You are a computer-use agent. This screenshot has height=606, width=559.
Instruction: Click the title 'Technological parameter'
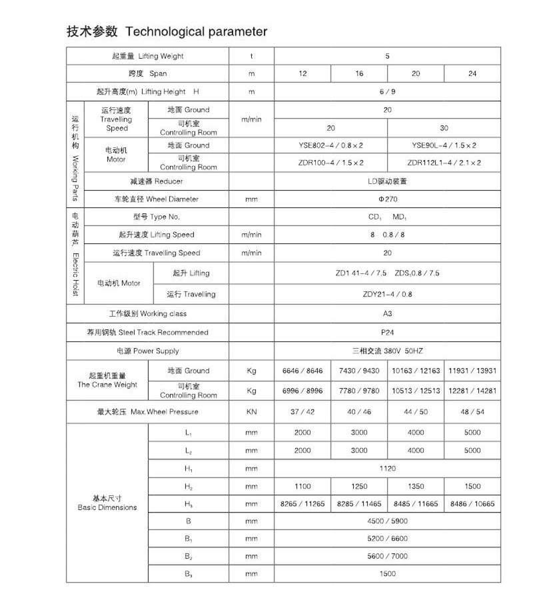coord(196,31)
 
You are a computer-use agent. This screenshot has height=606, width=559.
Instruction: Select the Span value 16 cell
coord(359,74)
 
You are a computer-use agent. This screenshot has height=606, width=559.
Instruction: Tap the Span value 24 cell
coord(472,74)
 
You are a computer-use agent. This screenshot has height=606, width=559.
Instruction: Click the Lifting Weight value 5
coord(387,56)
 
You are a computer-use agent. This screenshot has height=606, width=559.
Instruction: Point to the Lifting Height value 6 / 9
coord(387,92)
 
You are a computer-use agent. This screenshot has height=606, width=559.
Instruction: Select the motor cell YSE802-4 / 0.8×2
coord(330,145)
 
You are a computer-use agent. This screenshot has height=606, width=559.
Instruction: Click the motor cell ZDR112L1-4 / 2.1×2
coord(444,163)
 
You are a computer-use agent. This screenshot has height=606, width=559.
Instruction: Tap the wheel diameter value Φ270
coord(387,199)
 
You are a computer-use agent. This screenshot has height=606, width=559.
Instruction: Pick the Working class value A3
coord(387,314)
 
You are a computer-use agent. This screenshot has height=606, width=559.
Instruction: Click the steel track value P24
coord(387,333)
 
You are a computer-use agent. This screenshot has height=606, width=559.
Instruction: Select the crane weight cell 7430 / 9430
coord(359,371)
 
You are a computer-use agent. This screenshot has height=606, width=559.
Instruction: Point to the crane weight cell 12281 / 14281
coord(472,391)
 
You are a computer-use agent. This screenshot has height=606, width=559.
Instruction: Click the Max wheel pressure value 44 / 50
coord(415,412)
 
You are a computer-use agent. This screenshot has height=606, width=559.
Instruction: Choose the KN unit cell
coord(251,412)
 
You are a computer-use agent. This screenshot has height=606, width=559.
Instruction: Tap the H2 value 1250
coord(359,487)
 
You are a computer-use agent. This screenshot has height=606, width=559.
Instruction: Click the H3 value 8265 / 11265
coord(302,504)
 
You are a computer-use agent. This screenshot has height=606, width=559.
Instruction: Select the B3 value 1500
coord(387,573)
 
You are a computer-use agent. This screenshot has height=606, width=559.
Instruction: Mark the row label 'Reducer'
coord(157,181)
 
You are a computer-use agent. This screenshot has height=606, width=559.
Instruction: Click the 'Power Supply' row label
coord(148,351)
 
